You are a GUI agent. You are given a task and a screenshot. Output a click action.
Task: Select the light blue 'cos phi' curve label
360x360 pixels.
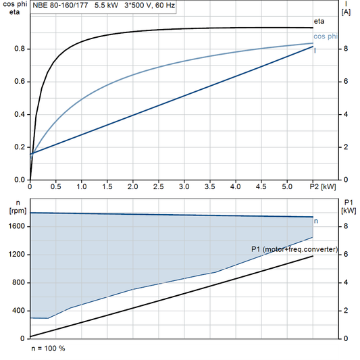[x=326, y=36]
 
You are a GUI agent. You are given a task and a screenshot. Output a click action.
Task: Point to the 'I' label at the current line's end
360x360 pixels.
[x=315, y=51]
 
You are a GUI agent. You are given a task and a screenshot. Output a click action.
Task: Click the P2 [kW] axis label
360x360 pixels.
[x=323, y=186]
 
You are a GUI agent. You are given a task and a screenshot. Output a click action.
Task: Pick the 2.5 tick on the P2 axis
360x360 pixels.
[x=158, y=186]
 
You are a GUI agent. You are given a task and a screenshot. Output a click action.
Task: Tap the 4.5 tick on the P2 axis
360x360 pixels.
[x=261, y=186]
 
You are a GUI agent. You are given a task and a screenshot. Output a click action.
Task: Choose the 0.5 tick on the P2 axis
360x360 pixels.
[x=55, y=186]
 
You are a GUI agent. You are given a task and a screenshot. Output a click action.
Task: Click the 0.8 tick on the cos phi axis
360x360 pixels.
[x=20, y=49]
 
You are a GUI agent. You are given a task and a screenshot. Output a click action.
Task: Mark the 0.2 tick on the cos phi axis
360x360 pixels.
[x=20, y=147]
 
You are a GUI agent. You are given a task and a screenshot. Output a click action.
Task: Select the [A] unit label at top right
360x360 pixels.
[x=346, y=12]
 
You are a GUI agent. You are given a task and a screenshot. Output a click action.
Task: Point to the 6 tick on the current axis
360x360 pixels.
[x=346, y=82]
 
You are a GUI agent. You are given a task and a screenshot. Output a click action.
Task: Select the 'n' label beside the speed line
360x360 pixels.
[x=317, y=221]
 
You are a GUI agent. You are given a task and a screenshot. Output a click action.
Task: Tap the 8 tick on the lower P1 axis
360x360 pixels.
[x=346, y=227]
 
